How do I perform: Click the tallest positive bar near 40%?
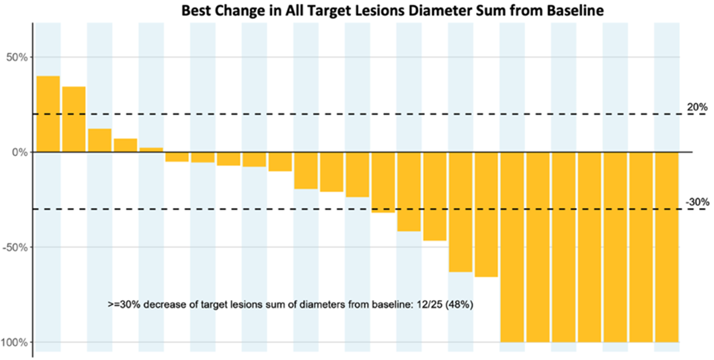pyautogui.click(x=48, y=114)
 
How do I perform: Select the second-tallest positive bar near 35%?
pyautogui.click(x=74, y=119)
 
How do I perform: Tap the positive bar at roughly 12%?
pyautogui.click(x=100, y=140)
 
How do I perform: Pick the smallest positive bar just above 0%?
pyautogui.click(x=151, y=150)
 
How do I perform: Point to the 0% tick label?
pyautogui.click(x=20, y=152)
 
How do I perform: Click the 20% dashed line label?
pyautogui.click(x=697, y=108)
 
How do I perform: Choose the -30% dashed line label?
pyautogui.click(x=697, y=202)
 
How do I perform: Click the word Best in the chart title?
pyautogui.click(x=194, y=10)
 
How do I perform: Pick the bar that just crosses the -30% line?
pyautogui.click(x=383, y=183)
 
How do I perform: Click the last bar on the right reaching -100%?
pyautogui.click(x=667, y=247)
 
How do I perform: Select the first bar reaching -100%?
pyautogui.click(x=512, y=247)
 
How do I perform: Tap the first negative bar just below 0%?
pyautogui.click(x=177, y=157)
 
